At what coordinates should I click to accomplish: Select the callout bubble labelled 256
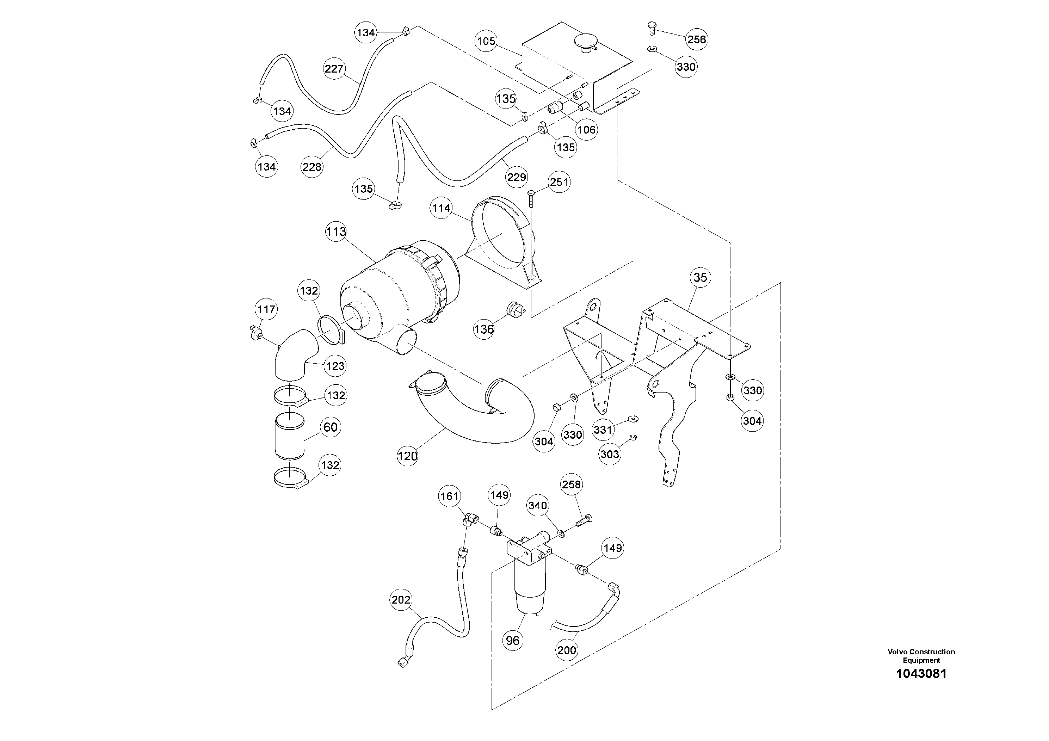click(696, 40)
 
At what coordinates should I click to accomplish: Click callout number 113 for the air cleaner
click(336, 231)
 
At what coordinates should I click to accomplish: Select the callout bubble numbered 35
click(700, 277)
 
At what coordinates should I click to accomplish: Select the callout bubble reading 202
click(401, 600)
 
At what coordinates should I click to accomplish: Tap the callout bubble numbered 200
click(567, 650)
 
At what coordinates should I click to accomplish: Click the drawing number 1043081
click(921, 674)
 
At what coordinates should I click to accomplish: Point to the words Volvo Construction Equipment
click(921, 656)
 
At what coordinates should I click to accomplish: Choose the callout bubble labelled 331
click(603, 430)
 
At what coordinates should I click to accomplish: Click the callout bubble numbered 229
click(517, 177)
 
